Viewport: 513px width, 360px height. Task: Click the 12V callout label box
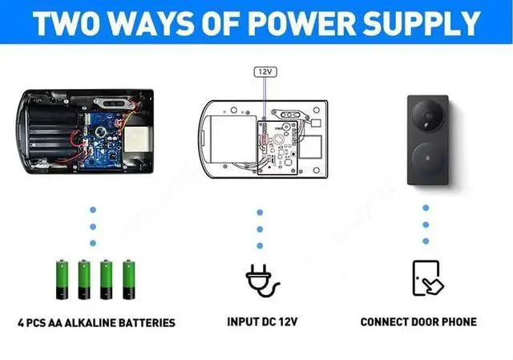point(265,71)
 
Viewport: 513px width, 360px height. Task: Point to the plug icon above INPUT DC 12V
point(261,280)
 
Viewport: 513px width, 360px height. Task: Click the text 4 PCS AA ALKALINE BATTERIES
point(96,323)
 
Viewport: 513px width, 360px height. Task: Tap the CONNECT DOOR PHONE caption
point(418,322)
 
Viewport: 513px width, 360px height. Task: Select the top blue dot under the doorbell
point(426,207)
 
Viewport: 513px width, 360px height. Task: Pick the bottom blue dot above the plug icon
point(260,249)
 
